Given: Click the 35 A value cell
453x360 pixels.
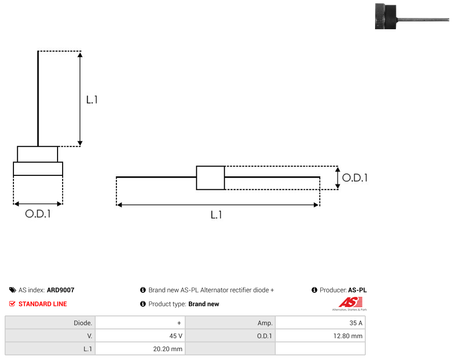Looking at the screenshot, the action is (x=320, y=323).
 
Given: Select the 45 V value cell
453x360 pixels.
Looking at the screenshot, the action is (x=140, y=336).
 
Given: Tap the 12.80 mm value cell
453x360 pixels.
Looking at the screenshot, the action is (x=320, y=336).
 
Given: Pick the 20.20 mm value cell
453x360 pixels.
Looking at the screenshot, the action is (x=140, y=349).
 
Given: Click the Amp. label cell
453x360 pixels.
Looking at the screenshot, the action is (x=230, y=323).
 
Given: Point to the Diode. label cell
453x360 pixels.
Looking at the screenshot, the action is (x=50, y=323).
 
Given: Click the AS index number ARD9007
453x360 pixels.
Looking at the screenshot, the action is (x=61, y=290).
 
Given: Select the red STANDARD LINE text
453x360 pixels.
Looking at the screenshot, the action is (x=43, y=304).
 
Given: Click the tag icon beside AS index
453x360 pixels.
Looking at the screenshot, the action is (x=13, y=290).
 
